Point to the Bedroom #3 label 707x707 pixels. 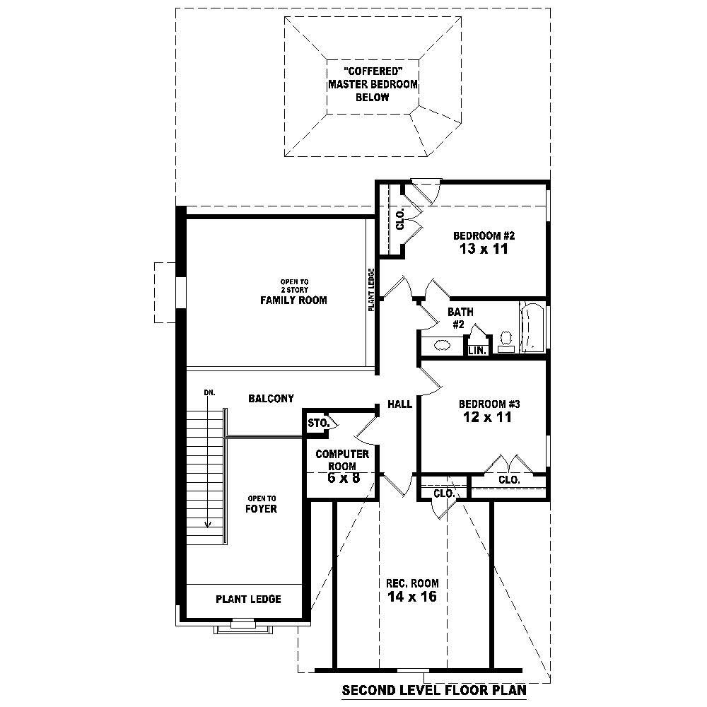pyautogui.click(x=489, y=404)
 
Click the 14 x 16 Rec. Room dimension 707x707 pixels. pyautogui.click(x=412, y=597)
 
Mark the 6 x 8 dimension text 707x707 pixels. pyautogui.click(x=342, y=478)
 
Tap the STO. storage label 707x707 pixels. pyautogui.click(x=319, y=423)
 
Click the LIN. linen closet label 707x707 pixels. pyautogui.click(x=478, y=350)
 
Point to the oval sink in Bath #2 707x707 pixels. pyautogui.click(x=443, y=346)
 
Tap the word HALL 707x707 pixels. pyautogui.click(x=399, y=404)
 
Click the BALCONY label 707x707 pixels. pyautogui.click(x=271, y=399)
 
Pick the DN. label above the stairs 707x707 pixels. pyautogui.click(x=209, y=392)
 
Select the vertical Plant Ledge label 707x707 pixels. pyautogui.click(x=370, y=290)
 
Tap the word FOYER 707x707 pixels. pyautogui.click(x=261, y=508)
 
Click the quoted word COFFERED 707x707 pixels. pyautogui.click(x=372, y=71)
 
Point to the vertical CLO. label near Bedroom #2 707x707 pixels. pyautogui.click(x=400, y=219)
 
